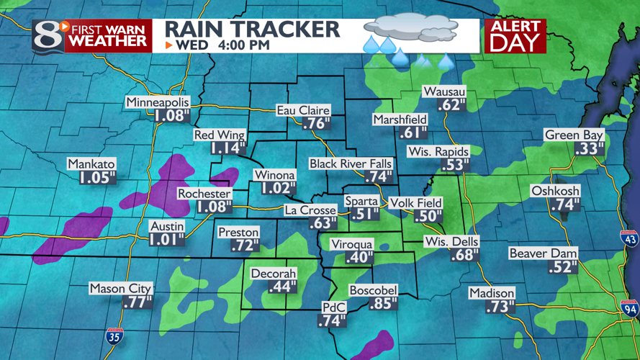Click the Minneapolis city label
[x=157, y=102]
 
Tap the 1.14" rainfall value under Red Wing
[x=227, y=148]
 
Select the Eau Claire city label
[x=303, y=111]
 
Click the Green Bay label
[x=573, y=135]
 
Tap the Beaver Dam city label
[x=542, y=253]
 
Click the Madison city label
[x=491, y=293]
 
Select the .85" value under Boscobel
[x=382, y=304]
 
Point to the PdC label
[x=333, y=307]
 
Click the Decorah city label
[x=273, y=274]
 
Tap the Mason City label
[x=120, y=289]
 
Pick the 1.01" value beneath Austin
[x=167, y=240]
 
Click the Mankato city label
[x=91, y=164]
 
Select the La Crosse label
[x=310, y=210]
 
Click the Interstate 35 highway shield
[x=114, y=335]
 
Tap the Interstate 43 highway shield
[x=630, y=239]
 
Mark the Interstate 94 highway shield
[x=629, y=308]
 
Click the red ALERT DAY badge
[x=515, y=36]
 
